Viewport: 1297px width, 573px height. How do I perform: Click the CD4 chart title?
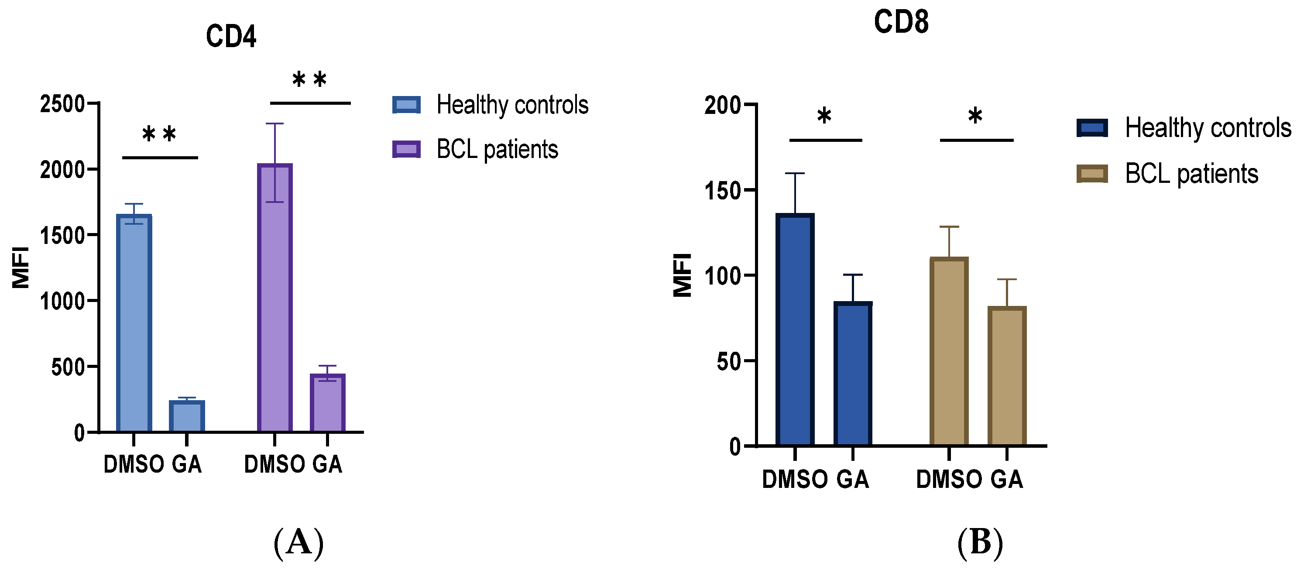click(x=231, y=37)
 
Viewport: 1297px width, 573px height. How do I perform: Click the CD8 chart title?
click(x=901, y=23)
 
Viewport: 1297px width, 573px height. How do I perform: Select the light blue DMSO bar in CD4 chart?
click(x=134, y=322)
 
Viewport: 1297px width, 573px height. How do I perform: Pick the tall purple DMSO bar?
click(x=275, y=297)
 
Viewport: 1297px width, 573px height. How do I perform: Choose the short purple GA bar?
click(x=327, y=403)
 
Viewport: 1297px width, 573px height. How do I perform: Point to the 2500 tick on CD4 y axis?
click(x=62, y=104)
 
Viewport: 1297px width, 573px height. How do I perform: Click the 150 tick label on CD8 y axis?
click(x=723, y=191)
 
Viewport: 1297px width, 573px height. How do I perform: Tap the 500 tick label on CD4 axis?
click(x=68, y=367)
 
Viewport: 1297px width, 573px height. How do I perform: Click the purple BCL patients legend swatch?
click(x=406, y=149)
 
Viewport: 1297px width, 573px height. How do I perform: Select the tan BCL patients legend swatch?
click(x=1092, y=174)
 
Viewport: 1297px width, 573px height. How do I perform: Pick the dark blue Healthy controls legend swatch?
click(x=1092, y=128)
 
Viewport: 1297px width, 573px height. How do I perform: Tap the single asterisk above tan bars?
click(x=975, y=117)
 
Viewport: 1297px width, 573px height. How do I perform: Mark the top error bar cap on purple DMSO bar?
click(x=275, y=124)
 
